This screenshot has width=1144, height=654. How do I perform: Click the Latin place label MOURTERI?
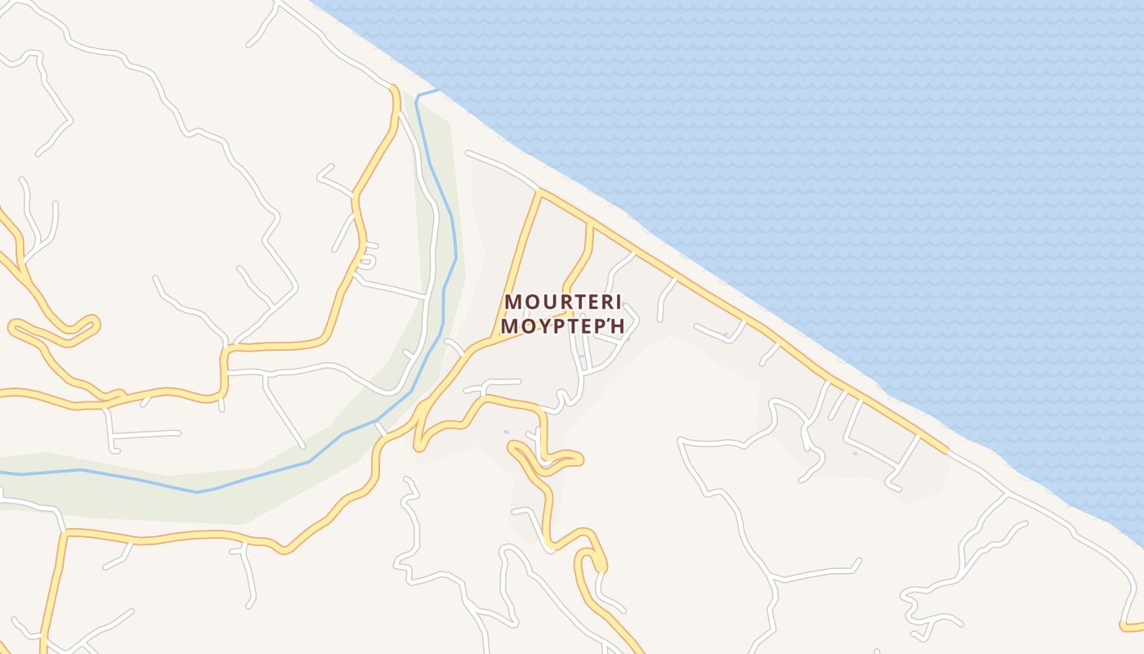(563, 302)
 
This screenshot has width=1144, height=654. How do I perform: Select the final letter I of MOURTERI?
(618, 302)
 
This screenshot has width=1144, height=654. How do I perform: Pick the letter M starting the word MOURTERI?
(513, 302)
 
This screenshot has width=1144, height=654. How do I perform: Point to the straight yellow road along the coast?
(735, 310)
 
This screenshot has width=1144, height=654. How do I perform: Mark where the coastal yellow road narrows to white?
(948, 450)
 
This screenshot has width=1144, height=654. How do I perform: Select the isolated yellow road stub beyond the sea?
(1133, 626)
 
